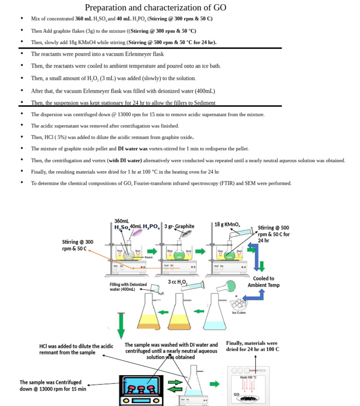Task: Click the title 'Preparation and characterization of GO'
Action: [155, 8]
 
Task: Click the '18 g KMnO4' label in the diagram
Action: [227, 225]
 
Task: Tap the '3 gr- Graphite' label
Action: [179, 226]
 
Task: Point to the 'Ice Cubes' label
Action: [239, 313]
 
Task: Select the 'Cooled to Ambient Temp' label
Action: [263, 282]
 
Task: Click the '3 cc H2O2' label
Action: [178, 282]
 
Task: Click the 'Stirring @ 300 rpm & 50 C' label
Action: [78, 245]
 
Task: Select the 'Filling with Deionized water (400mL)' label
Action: [128, 287]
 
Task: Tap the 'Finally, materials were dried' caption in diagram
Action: [252, 346]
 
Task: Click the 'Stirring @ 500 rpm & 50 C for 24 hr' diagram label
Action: [274, 234]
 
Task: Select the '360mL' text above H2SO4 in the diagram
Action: [122, 221]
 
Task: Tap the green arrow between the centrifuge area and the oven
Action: [214, 384]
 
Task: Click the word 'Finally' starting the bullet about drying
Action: [39, 172]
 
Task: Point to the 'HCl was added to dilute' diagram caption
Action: [76, 349]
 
